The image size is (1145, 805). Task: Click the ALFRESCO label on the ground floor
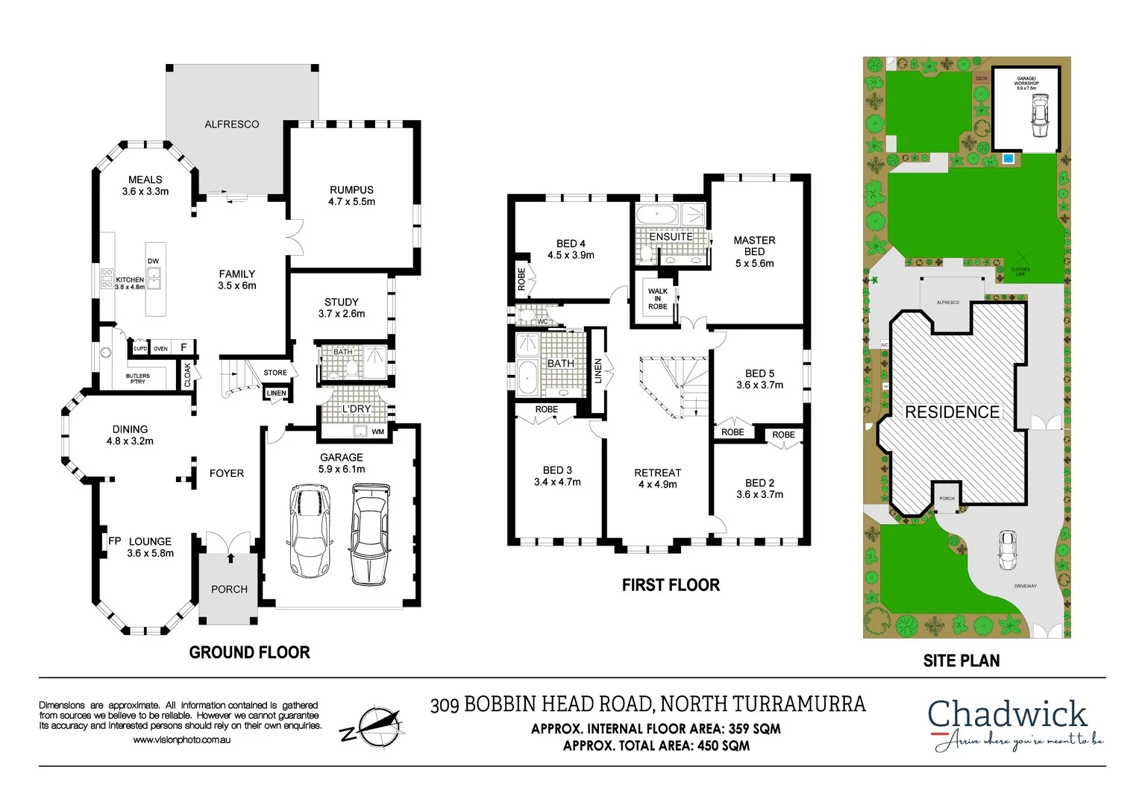click(x=231, y=124)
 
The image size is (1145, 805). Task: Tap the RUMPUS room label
click(x=351, y=195)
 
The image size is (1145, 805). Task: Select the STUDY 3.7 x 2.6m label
click(x=342, y=308)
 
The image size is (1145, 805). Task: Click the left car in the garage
click(x=308, y=531)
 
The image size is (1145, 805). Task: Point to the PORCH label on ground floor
click(x=229, y=589)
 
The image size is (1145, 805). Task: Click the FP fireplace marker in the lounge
click(x=114, y=541)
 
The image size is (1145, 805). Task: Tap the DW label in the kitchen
click(x=153, y=261)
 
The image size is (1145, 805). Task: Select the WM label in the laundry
click(x=377, y=432)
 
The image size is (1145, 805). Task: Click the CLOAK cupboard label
click(x=187, y=374)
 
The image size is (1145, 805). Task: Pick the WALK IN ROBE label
click(x=657, y=299)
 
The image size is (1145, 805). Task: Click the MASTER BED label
click(x=754, y=251)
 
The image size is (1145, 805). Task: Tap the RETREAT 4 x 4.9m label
click(x=657, y=479)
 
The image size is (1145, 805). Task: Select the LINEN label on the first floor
click(x=598, y=370)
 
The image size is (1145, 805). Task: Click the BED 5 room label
click(x=759, y=379)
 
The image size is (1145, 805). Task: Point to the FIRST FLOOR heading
click(x=671, y=585)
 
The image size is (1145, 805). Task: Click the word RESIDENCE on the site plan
click(x=952, y=412)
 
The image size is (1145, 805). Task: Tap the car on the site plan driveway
click(x=1008, y=550)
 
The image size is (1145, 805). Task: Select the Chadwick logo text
click(x=1007, y=714)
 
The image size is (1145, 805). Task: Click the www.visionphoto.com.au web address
click(x=181, y=740)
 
